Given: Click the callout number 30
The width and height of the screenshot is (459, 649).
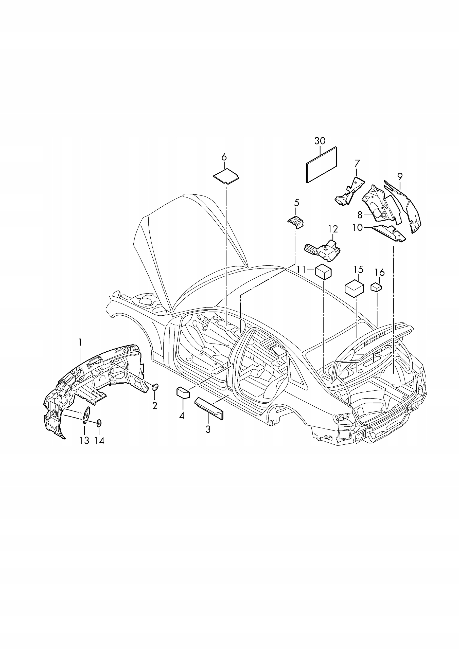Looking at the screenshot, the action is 320,141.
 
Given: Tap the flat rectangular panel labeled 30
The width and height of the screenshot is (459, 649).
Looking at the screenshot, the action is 322,165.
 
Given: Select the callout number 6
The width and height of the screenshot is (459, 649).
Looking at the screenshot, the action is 224,157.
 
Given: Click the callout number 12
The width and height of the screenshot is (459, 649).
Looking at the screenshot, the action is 333,229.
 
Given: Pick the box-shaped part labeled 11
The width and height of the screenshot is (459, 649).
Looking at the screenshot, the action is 323,271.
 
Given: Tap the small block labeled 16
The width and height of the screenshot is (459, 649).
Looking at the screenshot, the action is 376,287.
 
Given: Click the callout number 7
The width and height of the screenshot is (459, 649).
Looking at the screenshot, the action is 357,163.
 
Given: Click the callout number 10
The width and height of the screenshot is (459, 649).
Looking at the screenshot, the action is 358,228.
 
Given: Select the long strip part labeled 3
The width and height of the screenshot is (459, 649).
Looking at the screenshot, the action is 209,407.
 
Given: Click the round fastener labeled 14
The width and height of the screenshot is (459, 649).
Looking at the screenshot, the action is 99,423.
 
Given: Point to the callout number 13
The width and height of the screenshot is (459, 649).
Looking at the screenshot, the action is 84,440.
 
